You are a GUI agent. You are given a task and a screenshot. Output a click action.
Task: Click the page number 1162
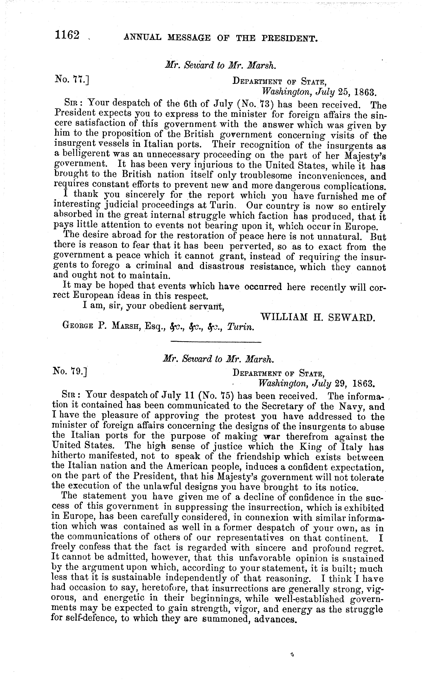tap(68, 36)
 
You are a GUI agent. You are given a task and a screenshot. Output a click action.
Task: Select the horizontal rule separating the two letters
tap(215, 342)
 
